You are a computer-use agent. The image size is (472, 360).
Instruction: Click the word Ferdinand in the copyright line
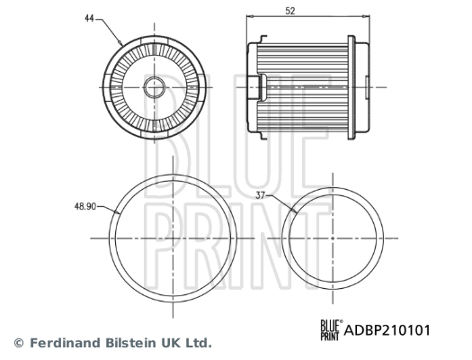pos(62,343)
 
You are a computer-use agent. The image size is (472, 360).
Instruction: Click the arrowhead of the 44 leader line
pos(120,43)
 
